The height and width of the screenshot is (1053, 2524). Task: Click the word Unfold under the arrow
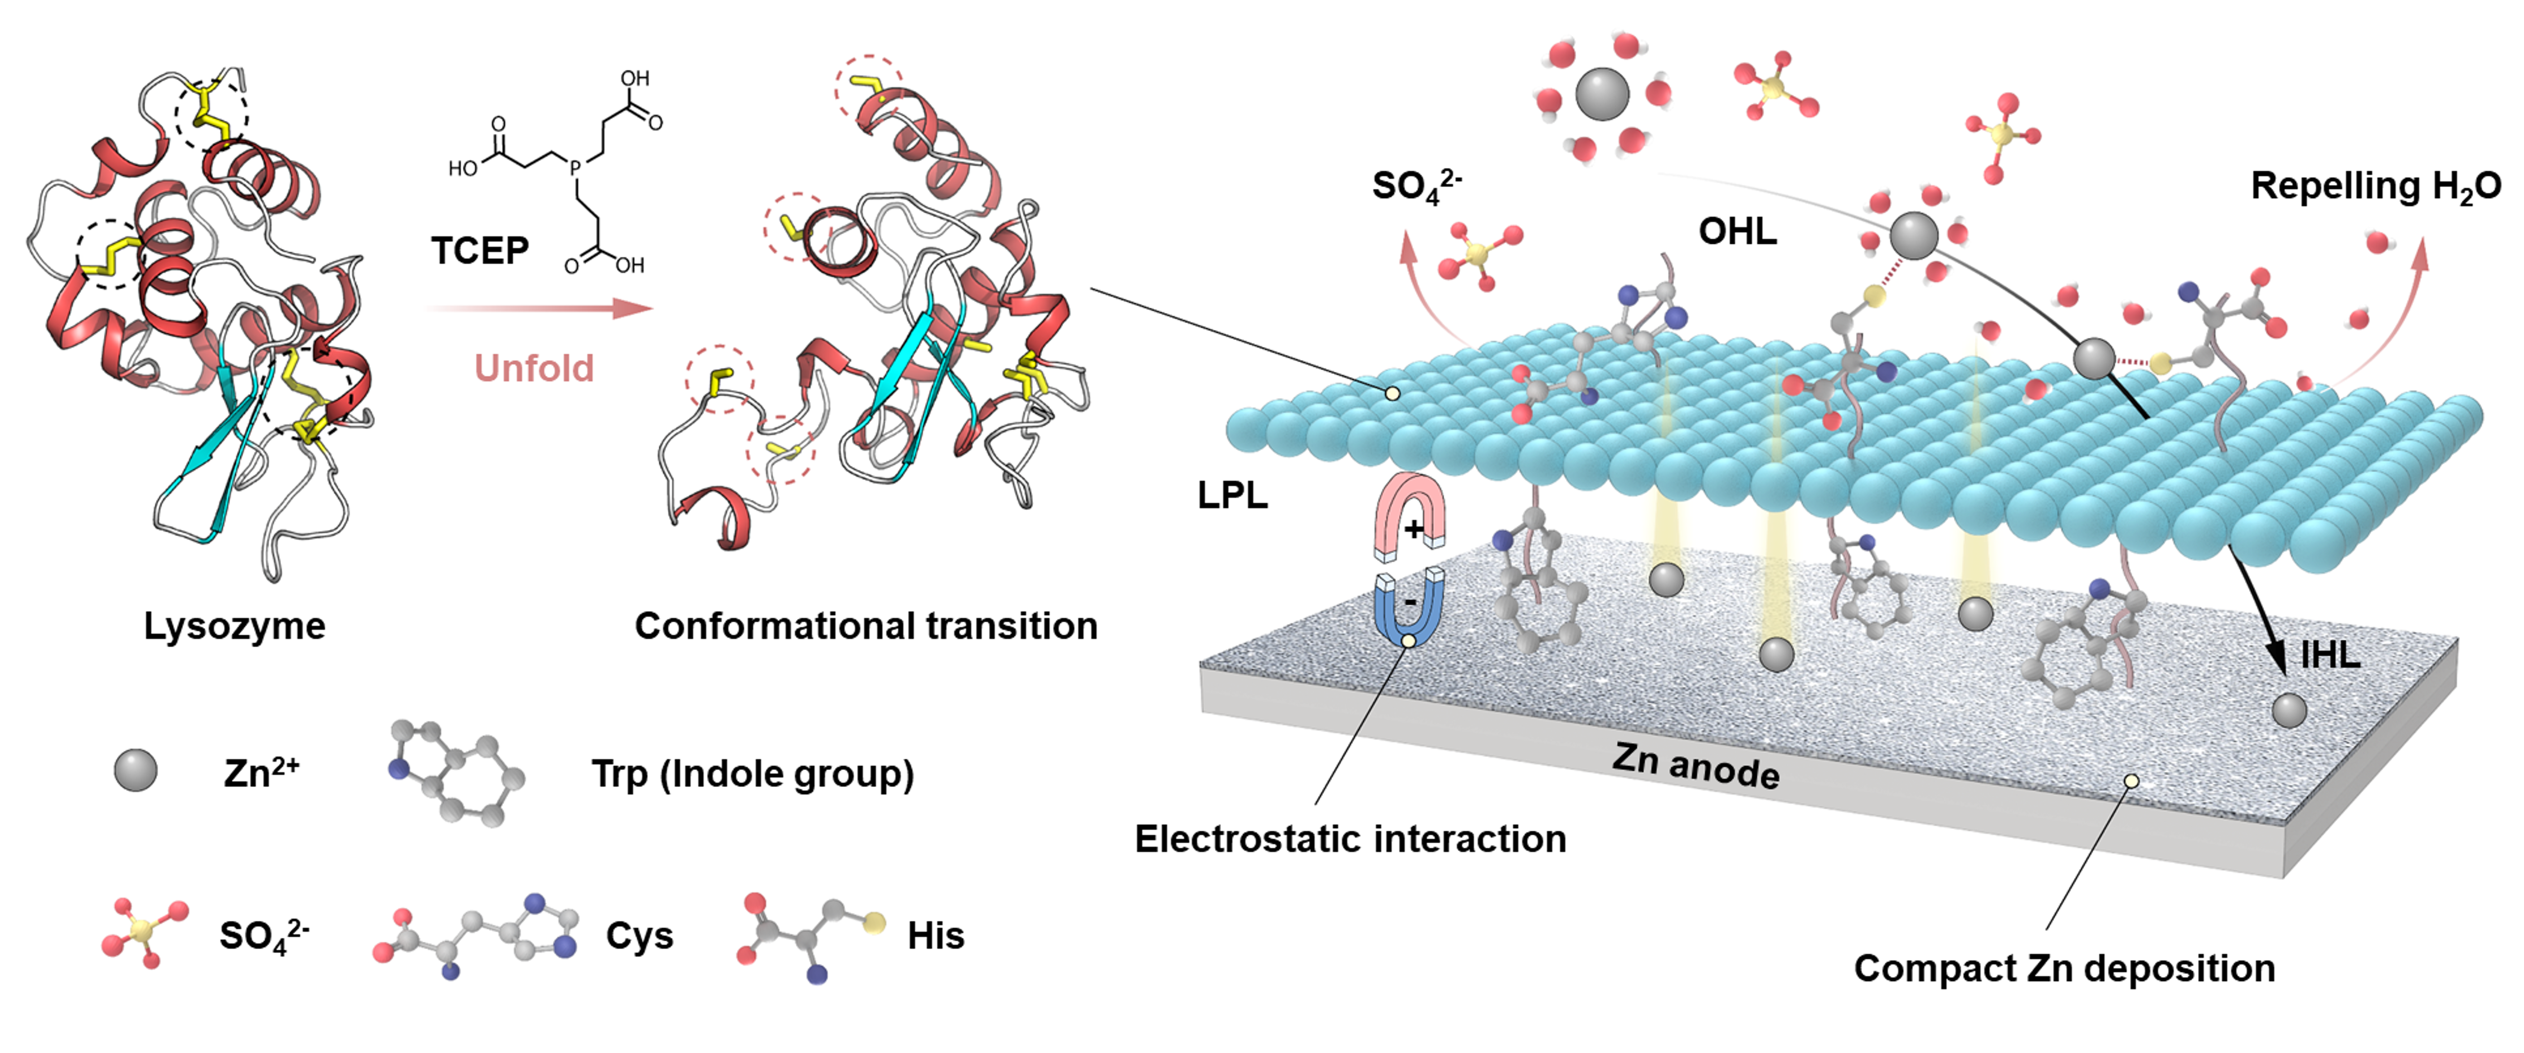coord(534,369)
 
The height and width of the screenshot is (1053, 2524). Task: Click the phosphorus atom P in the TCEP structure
coord(575,169)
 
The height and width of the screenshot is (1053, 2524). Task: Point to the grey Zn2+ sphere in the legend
coord(135,771)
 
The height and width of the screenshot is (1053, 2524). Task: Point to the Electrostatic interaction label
coord(1350,839)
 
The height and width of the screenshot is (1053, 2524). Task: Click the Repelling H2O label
coord(2375,185)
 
